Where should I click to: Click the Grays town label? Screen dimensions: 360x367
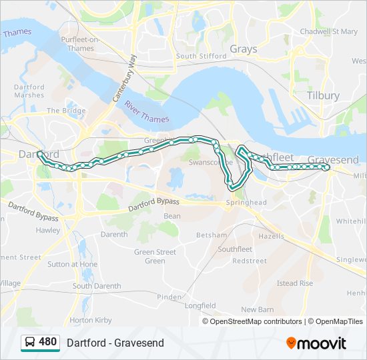[243, 49]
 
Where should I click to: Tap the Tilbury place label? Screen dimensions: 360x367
[323, 95]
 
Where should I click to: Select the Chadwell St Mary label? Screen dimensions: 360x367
[329, 31]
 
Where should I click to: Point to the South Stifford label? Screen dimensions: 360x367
[201, 56]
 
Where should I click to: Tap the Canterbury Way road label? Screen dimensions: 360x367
[124, 78]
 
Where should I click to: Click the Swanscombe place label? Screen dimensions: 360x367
[210, 162]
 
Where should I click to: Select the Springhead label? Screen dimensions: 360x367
[246, 202]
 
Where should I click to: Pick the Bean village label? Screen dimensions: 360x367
[171, 216]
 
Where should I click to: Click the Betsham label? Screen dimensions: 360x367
[212, 235]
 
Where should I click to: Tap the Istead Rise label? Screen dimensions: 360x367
[295, 283]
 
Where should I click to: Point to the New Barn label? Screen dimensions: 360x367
[258, 309]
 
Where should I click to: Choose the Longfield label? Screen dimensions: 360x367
[200, 306]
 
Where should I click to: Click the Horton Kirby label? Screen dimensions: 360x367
[91, 320]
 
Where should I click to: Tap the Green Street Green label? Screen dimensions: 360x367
[155, 256]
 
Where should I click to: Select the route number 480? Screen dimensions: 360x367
[48, 342]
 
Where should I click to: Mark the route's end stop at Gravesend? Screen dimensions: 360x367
[327, 167]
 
